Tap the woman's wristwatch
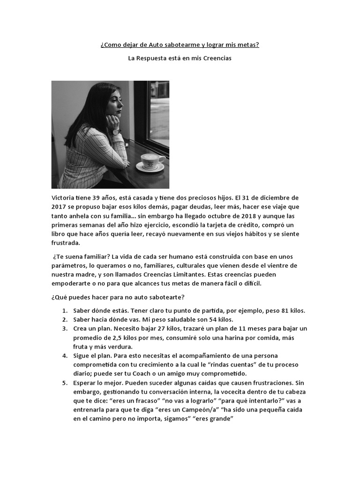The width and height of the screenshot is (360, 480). coord(116,132)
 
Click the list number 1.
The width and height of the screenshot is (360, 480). coord(64,310)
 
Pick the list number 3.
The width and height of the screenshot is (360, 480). coord(64,328)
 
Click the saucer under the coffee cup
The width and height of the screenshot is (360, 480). coord(150,168)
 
